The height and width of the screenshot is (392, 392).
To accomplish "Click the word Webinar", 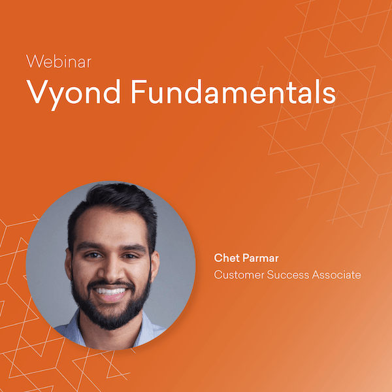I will click(x=58, y=63).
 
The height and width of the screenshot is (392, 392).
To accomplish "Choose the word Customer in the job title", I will click(x=239, y=275).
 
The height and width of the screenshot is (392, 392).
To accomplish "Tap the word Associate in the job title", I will click(x=336, y=275).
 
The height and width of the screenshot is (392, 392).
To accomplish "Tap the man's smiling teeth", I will click(x=111, y=291).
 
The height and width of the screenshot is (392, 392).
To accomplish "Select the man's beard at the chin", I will click(x=111, y=317).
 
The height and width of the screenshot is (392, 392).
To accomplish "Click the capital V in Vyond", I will click(x=36, y=93).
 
